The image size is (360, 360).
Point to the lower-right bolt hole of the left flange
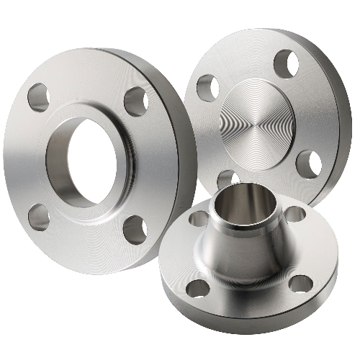pyautogui.click(x=135, y=228)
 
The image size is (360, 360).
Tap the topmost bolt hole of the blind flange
pyautogui.click(x=287, y=63)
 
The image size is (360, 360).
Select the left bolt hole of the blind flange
pyautogui.click(x=207, y=86)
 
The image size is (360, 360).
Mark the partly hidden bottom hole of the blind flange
pyautogui.click(x=225, y=176)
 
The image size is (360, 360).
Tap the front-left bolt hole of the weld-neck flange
pyautogui.click(x=197, y=288)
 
